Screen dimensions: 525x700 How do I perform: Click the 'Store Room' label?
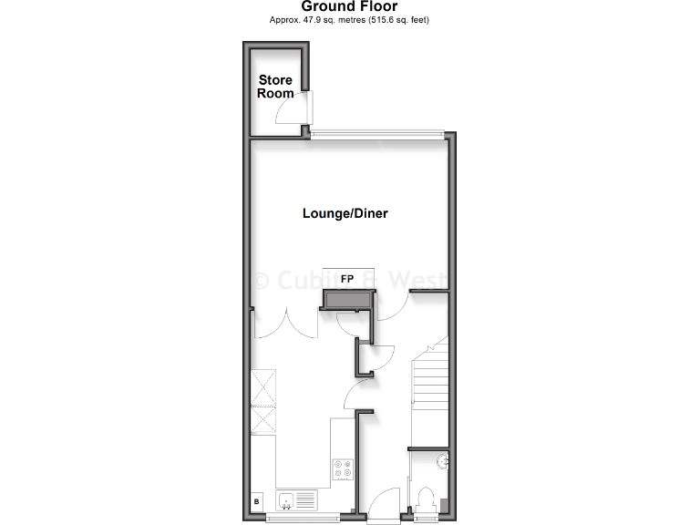coord(275,87)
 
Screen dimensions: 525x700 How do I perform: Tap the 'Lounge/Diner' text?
coord(345,214)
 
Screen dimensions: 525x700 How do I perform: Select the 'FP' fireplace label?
coord(346,278)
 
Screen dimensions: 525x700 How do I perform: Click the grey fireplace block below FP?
coord(347,300)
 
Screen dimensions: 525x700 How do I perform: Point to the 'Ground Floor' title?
coord(349,6)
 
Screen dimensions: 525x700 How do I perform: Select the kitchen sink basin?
coord(285,499)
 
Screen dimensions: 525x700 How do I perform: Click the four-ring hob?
coord(344,468)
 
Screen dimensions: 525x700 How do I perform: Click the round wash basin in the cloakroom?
coord(443,461)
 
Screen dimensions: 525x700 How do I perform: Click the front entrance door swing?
coord(383,503)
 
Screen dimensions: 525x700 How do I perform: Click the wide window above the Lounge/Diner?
coord(376,134)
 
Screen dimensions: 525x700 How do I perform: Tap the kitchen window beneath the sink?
coord(303,519)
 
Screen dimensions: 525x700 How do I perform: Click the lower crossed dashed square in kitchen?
coord(262,418)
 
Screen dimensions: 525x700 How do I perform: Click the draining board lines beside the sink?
coord(305,499)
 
